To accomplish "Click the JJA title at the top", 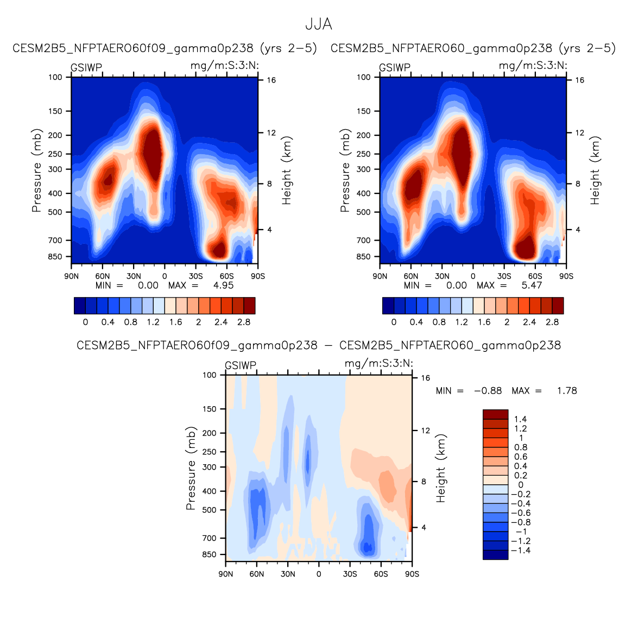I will pos(318,24).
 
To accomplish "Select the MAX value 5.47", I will pos(532,286).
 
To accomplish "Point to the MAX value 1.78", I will pos(567,391).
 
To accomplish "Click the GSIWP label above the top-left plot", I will pos(86,68).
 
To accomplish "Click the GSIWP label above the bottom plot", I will pos(241,366).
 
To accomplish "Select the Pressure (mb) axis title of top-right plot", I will pos(345,171).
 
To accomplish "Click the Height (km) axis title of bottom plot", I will pos(441,468).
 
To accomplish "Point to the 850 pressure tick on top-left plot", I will pos(56,257).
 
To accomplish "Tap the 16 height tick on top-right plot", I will pos(580,80).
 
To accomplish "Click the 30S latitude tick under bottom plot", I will pos(350,574).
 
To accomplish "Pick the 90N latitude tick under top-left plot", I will pos(71,276).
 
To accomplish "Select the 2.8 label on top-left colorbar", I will pos(244,322).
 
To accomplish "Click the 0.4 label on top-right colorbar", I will pos(416,322).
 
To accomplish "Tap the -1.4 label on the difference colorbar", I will pos(522,551).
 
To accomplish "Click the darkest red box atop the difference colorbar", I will pos(495,414).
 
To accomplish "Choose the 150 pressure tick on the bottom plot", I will pos(210,409).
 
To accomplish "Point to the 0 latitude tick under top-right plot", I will pos(473,276).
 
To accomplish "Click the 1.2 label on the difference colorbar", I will pos(521,429).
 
